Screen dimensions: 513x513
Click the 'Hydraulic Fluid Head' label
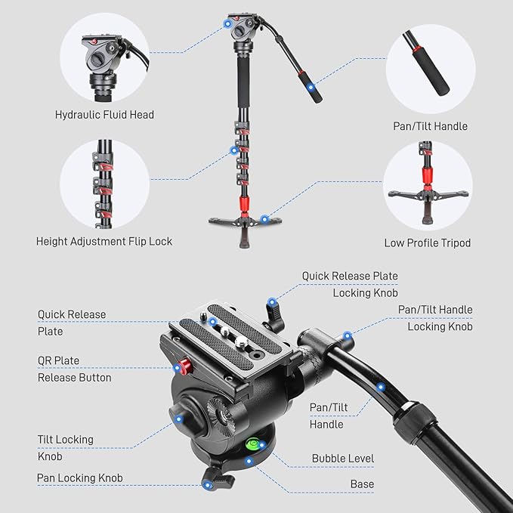pyautogui.click(x=104, y=115)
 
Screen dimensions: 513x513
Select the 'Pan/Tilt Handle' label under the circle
pyautogui.click(x=431, y=126)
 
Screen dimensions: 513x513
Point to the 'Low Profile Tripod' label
pyautogui.click(x=427, y=243)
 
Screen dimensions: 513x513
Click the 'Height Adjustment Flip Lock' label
pyautogui.click(x=104, y=242)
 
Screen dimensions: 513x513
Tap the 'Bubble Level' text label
pyautogui.click(x=342, y=459)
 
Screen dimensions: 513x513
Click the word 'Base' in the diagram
pyautogui.click(x=361, y=484)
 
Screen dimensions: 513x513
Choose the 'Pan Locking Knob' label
pyautogui.click(x=79, y=478)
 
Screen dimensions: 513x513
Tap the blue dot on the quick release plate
pyautogui.click(x=214, y=322)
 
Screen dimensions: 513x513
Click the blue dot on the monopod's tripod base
pyautogui.click(x=264, y=219)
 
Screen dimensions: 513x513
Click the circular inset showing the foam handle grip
pyautogui.click(x=430, y=69)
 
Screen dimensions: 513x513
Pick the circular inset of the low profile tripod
pyautogui.click(x=428, y=187)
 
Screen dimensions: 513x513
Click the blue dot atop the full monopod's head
pyautogui.click(x=227, y=25)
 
